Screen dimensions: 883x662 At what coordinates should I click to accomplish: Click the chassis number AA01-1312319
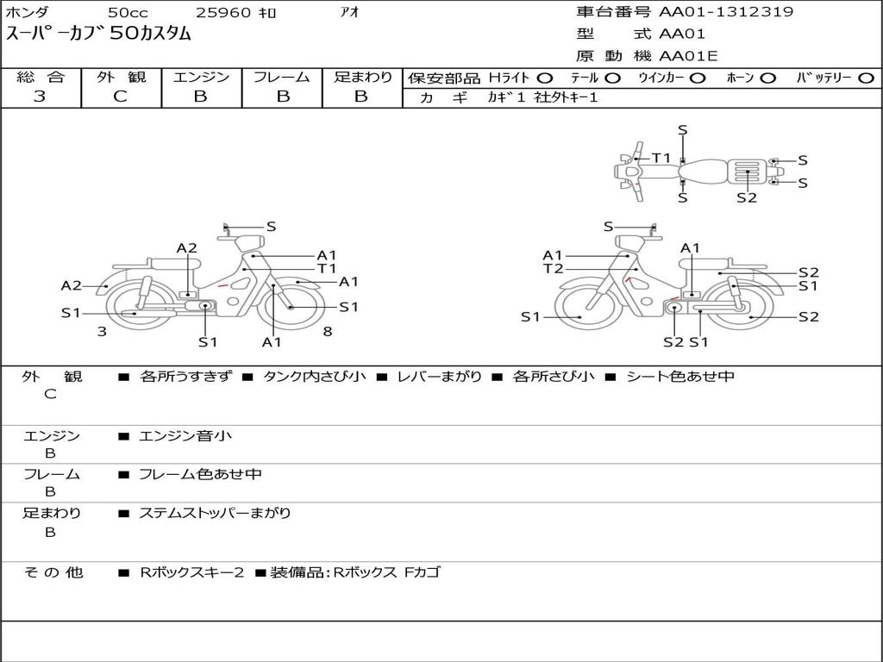pyautogui.click(x=726, y=12)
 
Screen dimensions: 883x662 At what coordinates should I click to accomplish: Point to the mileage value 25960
pyautogui.click(x=223, y=12)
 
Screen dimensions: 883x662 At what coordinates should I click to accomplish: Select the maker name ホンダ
pyautogui.click(x=27, y=12)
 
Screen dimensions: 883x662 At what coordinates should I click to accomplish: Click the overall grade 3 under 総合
pyautogui.click(x=40, y=97)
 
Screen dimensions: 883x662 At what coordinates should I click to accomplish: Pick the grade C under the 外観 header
pyautogui.click(x=120, y=97)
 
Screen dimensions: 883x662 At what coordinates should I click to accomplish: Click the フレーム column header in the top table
pyautogui.click(x=282, y=77)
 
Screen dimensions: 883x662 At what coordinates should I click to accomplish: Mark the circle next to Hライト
pyautogui.click(x=545, y=78)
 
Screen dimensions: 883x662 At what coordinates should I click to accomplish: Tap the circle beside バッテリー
pyautogui.click(x=867, y=78)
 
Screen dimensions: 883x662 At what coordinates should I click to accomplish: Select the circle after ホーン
pyautogui.click(x=767, y=78)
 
